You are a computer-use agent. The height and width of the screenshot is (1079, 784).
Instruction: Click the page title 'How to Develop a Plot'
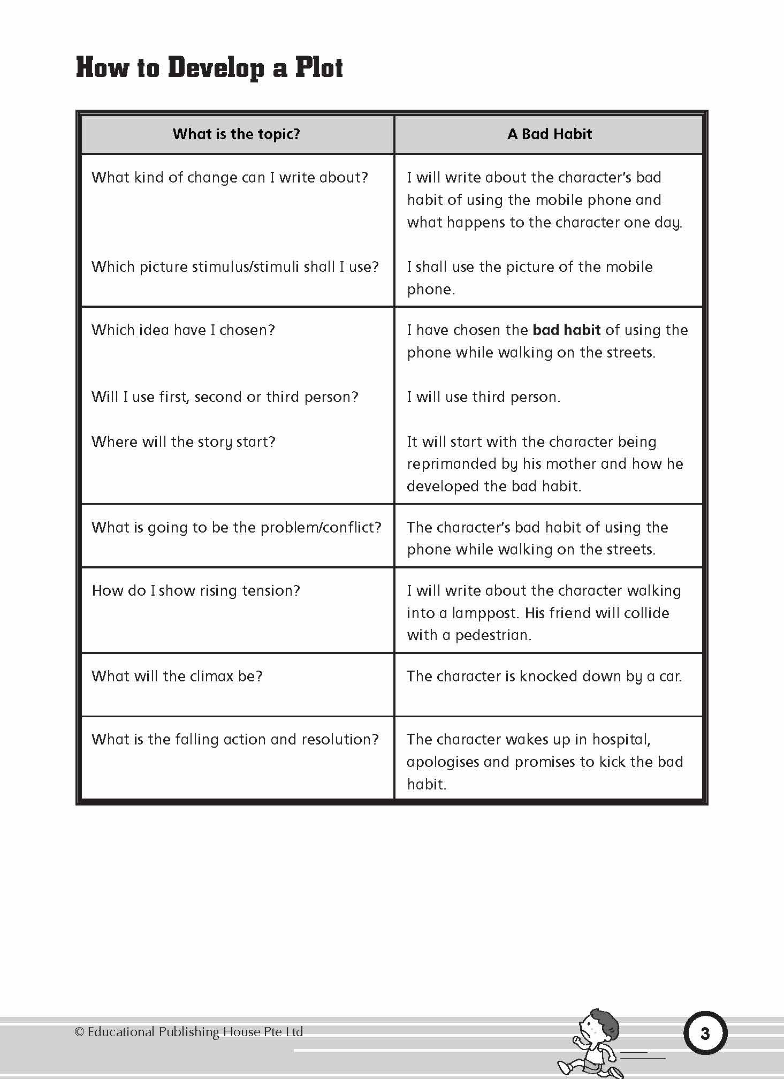coord(209,68)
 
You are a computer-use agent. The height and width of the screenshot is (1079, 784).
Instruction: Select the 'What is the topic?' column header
coord(236,134)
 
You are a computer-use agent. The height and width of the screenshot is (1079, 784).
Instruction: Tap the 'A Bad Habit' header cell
coord(549,134)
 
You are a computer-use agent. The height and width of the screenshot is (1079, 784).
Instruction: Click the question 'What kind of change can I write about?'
coord(230,177)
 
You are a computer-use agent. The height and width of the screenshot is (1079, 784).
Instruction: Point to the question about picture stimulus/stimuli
coord(235,267)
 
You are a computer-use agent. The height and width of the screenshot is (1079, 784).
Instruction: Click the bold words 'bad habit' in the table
coord(566,330)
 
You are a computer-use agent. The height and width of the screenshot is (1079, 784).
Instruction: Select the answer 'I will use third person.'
coord(483,397)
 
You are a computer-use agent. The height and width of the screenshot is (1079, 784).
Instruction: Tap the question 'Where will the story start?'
coord(183,442)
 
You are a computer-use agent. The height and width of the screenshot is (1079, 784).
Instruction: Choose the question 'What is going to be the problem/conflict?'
coord(236,527)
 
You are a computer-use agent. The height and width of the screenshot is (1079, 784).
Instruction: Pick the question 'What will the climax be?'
coord(177,676)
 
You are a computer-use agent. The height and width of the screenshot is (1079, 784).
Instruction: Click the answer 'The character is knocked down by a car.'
coord(544,676)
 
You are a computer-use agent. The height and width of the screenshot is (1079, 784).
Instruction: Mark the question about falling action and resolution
coord(235,739)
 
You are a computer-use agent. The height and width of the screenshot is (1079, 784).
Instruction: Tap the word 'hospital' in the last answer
coord(621,739)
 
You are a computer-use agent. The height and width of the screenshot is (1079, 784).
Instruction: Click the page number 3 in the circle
coord(705,1033)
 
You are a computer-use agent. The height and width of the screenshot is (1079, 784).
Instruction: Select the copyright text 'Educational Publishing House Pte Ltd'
coord(195,1031)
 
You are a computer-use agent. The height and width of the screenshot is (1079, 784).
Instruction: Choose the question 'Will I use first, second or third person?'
coord(225,397)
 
